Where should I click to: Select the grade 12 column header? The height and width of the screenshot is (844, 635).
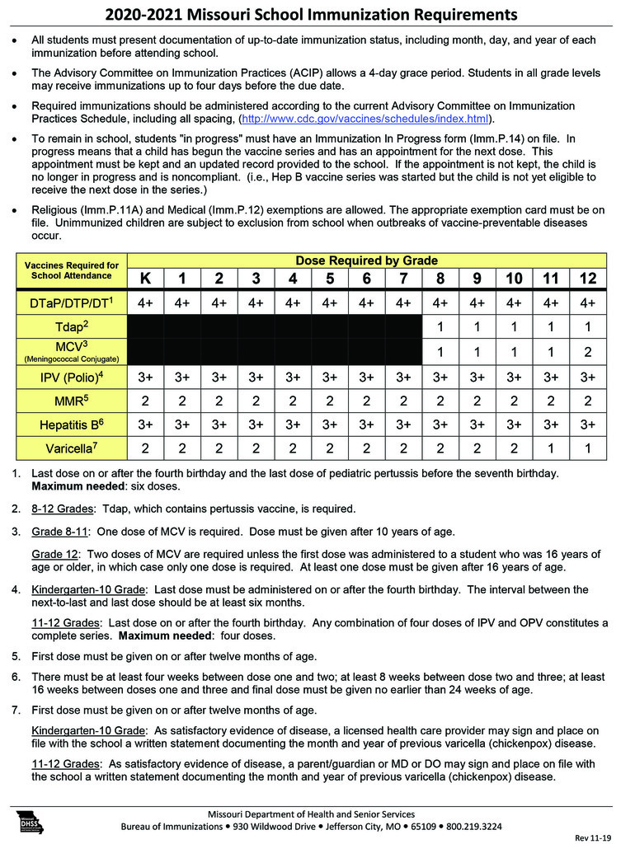coord(588,278)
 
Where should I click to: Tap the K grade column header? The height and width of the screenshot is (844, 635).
coord(145,278)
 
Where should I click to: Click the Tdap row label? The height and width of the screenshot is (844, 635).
coord(72,326)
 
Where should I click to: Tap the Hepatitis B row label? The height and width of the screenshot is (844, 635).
coord(72,424)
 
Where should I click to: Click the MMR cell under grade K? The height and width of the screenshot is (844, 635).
coord(145,401)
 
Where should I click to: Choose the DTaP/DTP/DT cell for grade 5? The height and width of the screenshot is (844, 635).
coord(330,302)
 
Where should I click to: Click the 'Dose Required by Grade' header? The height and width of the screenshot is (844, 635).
coord(366,260)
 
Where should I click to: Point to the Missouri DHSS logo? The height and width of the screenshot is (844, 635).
coord(31,821)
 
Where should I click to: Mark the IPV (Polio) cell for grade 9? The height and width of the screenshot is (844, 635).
coord(477,378)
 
